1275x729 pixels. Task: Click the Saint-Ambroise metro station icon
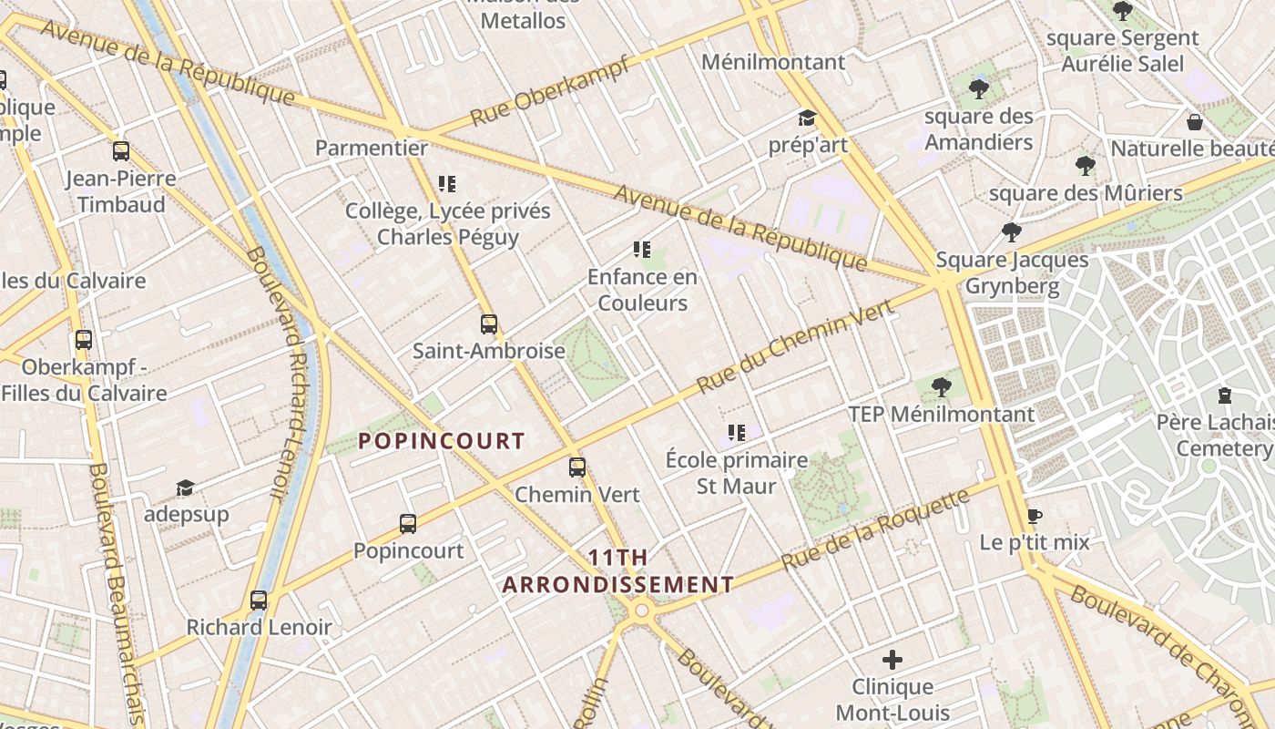[489, 324]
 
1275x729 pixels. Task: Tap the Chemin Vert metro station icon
[577, 467]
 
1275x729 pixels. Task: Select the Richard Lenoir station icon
[259, 601]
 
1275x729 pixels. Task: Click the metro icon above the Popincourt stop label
[408, 524]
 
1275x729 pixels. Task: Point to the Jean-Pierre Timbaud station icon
[121, 151]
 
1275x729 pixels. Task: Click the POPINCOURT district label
[442, 442]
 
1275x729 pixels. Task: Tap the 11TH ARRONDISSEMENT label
[618, 571]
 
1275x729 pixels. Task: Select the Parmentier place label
[372, 148]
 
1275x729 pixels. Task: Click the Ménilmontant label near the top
[773, 62]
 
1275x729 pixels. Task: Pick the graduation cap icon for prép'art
[807, 118]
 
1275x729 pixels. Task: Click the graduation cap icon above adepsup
[186, 488]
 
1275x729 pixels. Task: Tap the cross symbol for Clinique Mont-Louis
[892, 659]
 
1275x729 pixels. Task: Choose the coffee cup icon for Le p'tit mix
[1035, 516]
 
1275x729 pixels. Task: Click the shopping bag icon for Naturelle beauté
[1195, 122]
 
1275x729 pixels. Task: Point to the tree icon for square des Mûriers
[1085, 166]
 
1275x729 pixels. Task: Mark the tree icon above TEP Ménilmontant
[942, 387]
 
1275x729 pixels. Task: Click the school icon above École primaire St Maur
[737, 433]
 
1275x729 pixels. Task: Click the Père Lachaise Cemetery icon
[1225, 396]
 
